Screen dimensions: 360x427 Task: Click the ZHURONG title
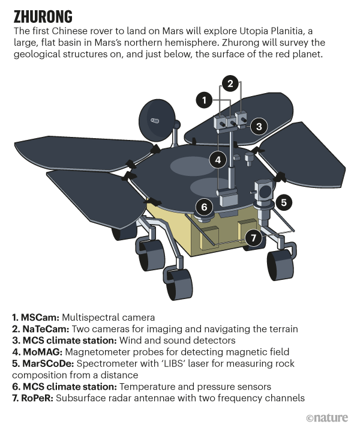(43, 17)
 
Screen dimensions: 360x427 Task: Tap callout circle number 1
(205, 100)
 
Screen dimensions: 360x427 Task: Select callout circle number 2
(230, 83)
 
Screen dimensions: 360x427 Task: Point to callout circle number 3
(259, 126)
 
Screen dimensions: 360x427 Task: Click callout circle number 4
(218, 160)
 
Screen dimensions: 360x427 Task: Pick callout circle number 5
(284, 202)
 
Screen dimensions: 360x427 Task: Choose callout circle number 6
(205, 207)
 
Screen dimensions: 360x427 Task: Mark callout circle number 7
(254, 238)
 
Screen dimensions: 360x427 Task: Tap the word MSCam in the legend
(40, 318)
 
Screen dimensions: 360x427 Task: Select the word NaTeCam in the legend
(46, 329)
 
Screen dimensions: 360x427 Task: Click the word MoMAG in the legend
(43, 352)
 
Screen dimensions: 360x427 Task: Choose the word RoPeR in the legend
(37, 398)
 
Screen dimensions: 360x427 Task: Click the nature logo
(327, 418)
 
